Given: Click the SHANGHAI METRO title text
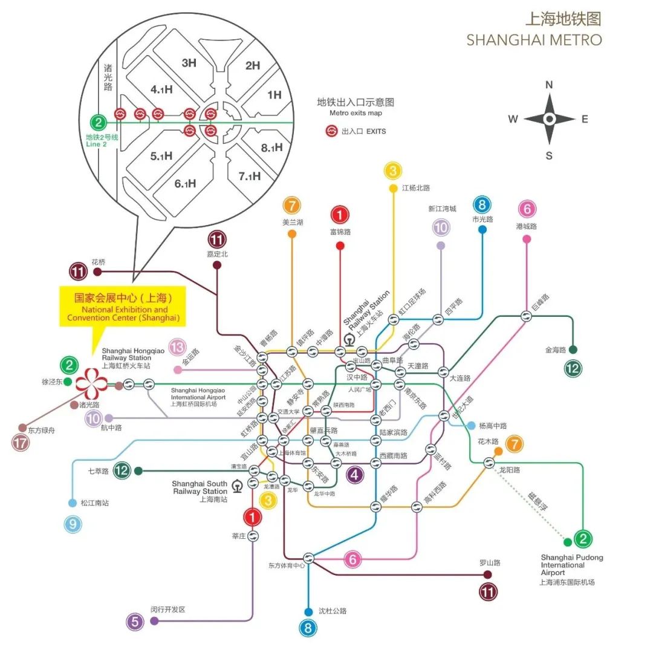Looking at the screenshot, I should [x=534, y=40].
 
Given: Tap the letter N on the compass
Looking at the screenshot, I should [x=549, y=85].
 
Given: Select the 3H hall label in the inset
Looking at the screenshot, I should [x=189, y=63].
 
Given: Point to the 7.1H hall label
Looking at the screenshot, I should [x=249, y=176].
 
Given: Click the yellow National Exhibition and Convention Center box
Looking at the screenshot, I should [x=123, y=307].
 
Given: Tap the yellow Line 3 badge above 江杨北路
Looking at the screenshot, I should [x=393, y=171].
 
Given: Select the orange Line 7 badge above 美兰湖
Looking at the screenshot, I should [x=292, y=206].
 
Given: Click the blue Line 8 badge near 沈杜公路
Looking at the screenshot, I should [x=308, y=628].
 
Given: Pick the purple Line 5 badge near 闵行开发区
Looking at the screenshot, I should [x=134, y=621].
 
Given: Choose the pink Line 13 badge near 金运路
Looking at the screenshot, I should [x=177, y=347].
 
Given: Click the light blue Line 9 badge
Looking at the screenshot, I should [x=73, y=524].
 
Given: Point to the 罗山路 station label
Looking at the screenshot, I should [x=490, y=562].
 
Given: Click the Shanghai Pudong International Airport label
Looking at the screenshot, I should [x=567, y=569].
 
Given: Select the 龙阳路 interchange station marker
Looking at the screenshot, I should [x=489, y=463].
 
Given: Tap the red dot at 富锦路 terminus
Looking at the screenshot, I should [x=340, y=245].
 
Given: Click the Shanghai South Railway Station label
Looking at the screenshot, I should [x=200, y=492].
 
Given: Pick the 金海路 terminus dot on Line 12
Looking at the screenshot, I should [x=573, y=350].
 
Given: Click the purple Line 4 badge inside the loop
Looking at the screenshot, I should [x=354, y=475].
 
